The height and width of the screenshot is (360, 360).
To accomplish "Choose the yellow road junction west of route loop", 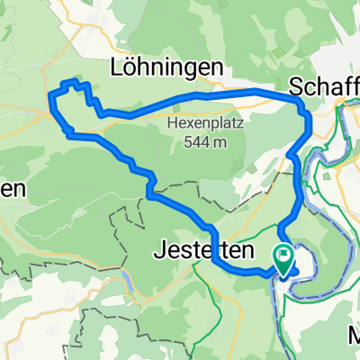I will [48, 112].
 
